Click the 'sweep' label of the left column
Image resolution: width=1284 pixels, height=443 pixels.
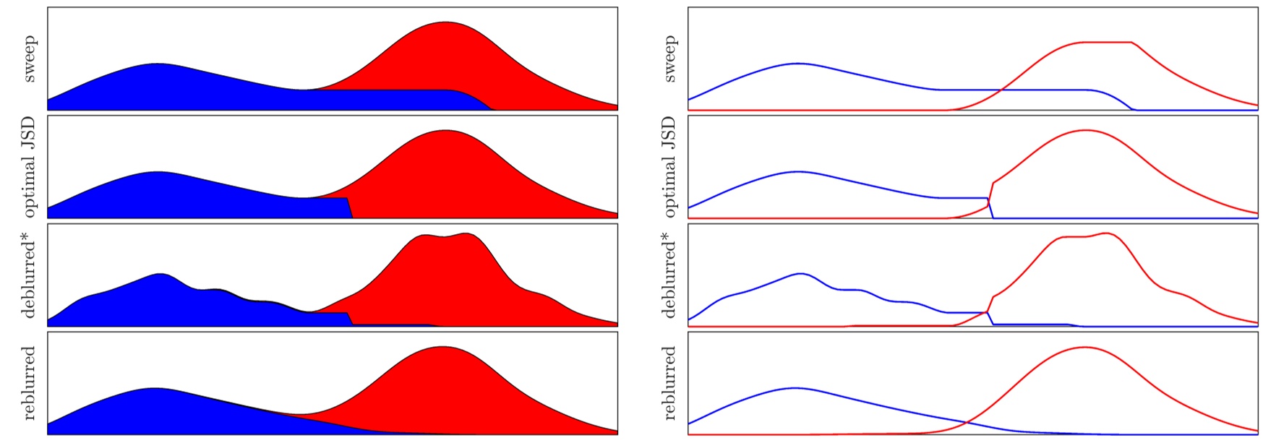click(29, 59)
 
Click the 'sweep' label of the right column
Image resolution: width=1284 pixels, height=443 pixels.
click(669, 59)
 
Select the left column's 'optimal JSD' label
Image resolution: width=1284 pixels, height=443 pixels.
click(29, 166)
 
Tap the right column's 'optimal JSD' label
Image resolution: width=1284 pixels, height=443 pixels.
click(669, 166)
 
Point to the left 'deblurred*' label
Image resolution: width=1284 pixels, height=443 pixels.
click(29, 275)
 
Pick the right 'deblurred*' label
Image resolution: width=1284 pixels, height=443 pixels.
click(669, 275)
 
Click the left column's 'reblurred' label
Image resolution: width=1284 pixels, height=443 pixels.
click(29, 383)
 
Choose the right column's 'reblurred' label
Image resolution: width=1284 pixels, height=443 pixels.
click(669, 383)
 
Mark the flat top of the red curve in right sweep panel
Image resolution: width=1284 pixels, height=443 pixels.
click(1106, 43)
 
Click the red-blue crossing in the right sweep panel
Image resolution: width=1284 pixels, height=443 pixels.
click(1001, 90)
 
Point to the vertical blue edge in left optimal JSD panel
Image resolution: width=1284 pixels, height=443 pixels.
click(350, 208)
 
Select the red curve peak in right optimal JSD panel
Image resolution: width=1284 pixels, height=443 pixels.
click(1085, 131)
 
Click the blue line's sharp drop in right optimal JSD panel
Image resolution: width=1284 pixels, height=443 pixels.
click(990, 208)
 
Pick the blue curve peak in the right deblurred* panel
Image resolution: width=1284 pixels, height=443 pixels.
click(800, 274)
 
